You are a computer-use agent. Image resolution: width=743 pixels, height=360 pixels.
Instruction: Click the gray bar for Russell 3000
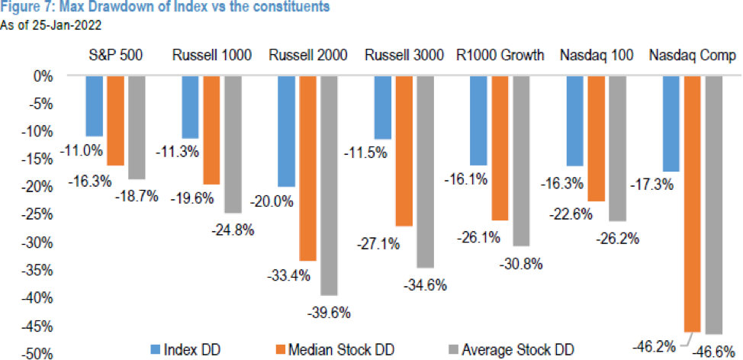[426, 172]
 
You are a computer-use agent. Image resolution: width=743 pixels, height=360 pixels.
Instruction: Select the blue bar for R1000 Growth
[478, 121]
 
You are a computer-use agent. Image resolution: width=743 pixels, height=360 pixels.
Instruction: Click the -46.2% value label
[655, 345]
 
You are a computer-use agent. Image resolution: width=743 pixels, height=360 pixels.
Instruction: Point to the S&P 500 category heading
[115, 55]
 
